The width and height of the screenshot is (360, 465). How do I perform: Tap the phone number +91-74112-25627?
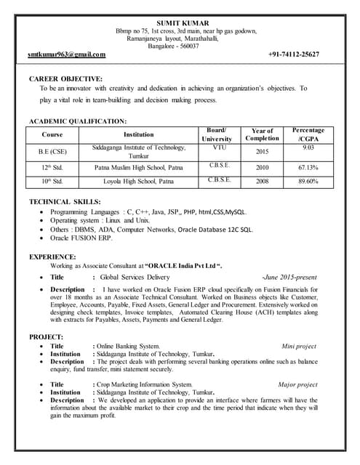pyautogui.click(x=293, y=54)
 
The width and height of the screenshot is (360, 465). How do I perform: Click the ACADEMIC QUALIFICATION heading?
pyautogui.click(x=78, y=120)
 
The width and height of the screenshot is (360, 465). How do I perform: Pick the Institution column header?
pyautogui.click(x=138, y=134)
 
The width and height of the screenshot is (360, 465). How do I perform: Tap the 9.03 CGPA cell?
pyautogui.click(x=308, y=147)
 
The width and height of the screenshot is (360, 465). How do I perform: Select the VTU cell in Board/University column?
pyautogui.click(x=219, y=147)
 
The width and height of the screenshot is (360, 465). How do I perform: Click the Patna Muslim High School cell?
pyautogui.click(x=138, y=167)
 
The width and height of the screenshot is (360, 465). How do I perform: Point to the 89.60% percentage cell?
pyautogui.click(x=308, y=181)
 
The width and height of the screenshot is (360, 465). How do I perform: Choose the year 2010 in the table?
pyautogui.click(x=262, y=167)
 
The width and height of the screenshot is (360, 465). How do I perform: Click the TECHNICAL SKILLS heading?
pyautogui.click(x=65, y=201)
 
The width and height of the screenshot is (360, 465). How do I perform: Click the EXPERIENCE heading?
pyautogui.click(x=52, y=256)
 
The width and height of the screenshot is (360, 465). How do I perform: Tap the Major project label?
pyautogui.click(x=297, y=384)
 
